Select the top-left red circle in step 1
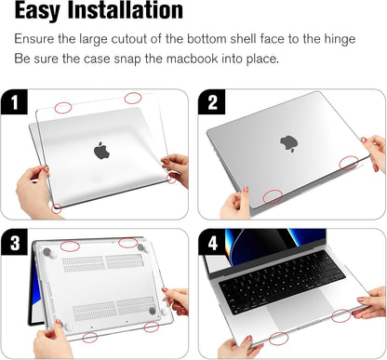pyautogui.click(x=62, y=108)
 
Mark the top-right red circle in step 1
pyautogui.click(x=133, y=98)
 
